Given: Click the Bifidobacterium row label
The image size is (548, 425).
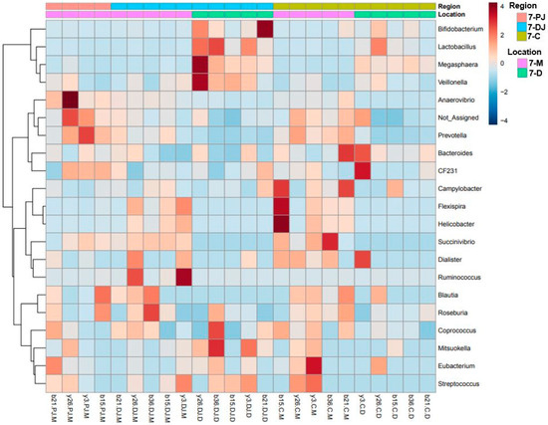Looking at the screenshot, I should point(465,30).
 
